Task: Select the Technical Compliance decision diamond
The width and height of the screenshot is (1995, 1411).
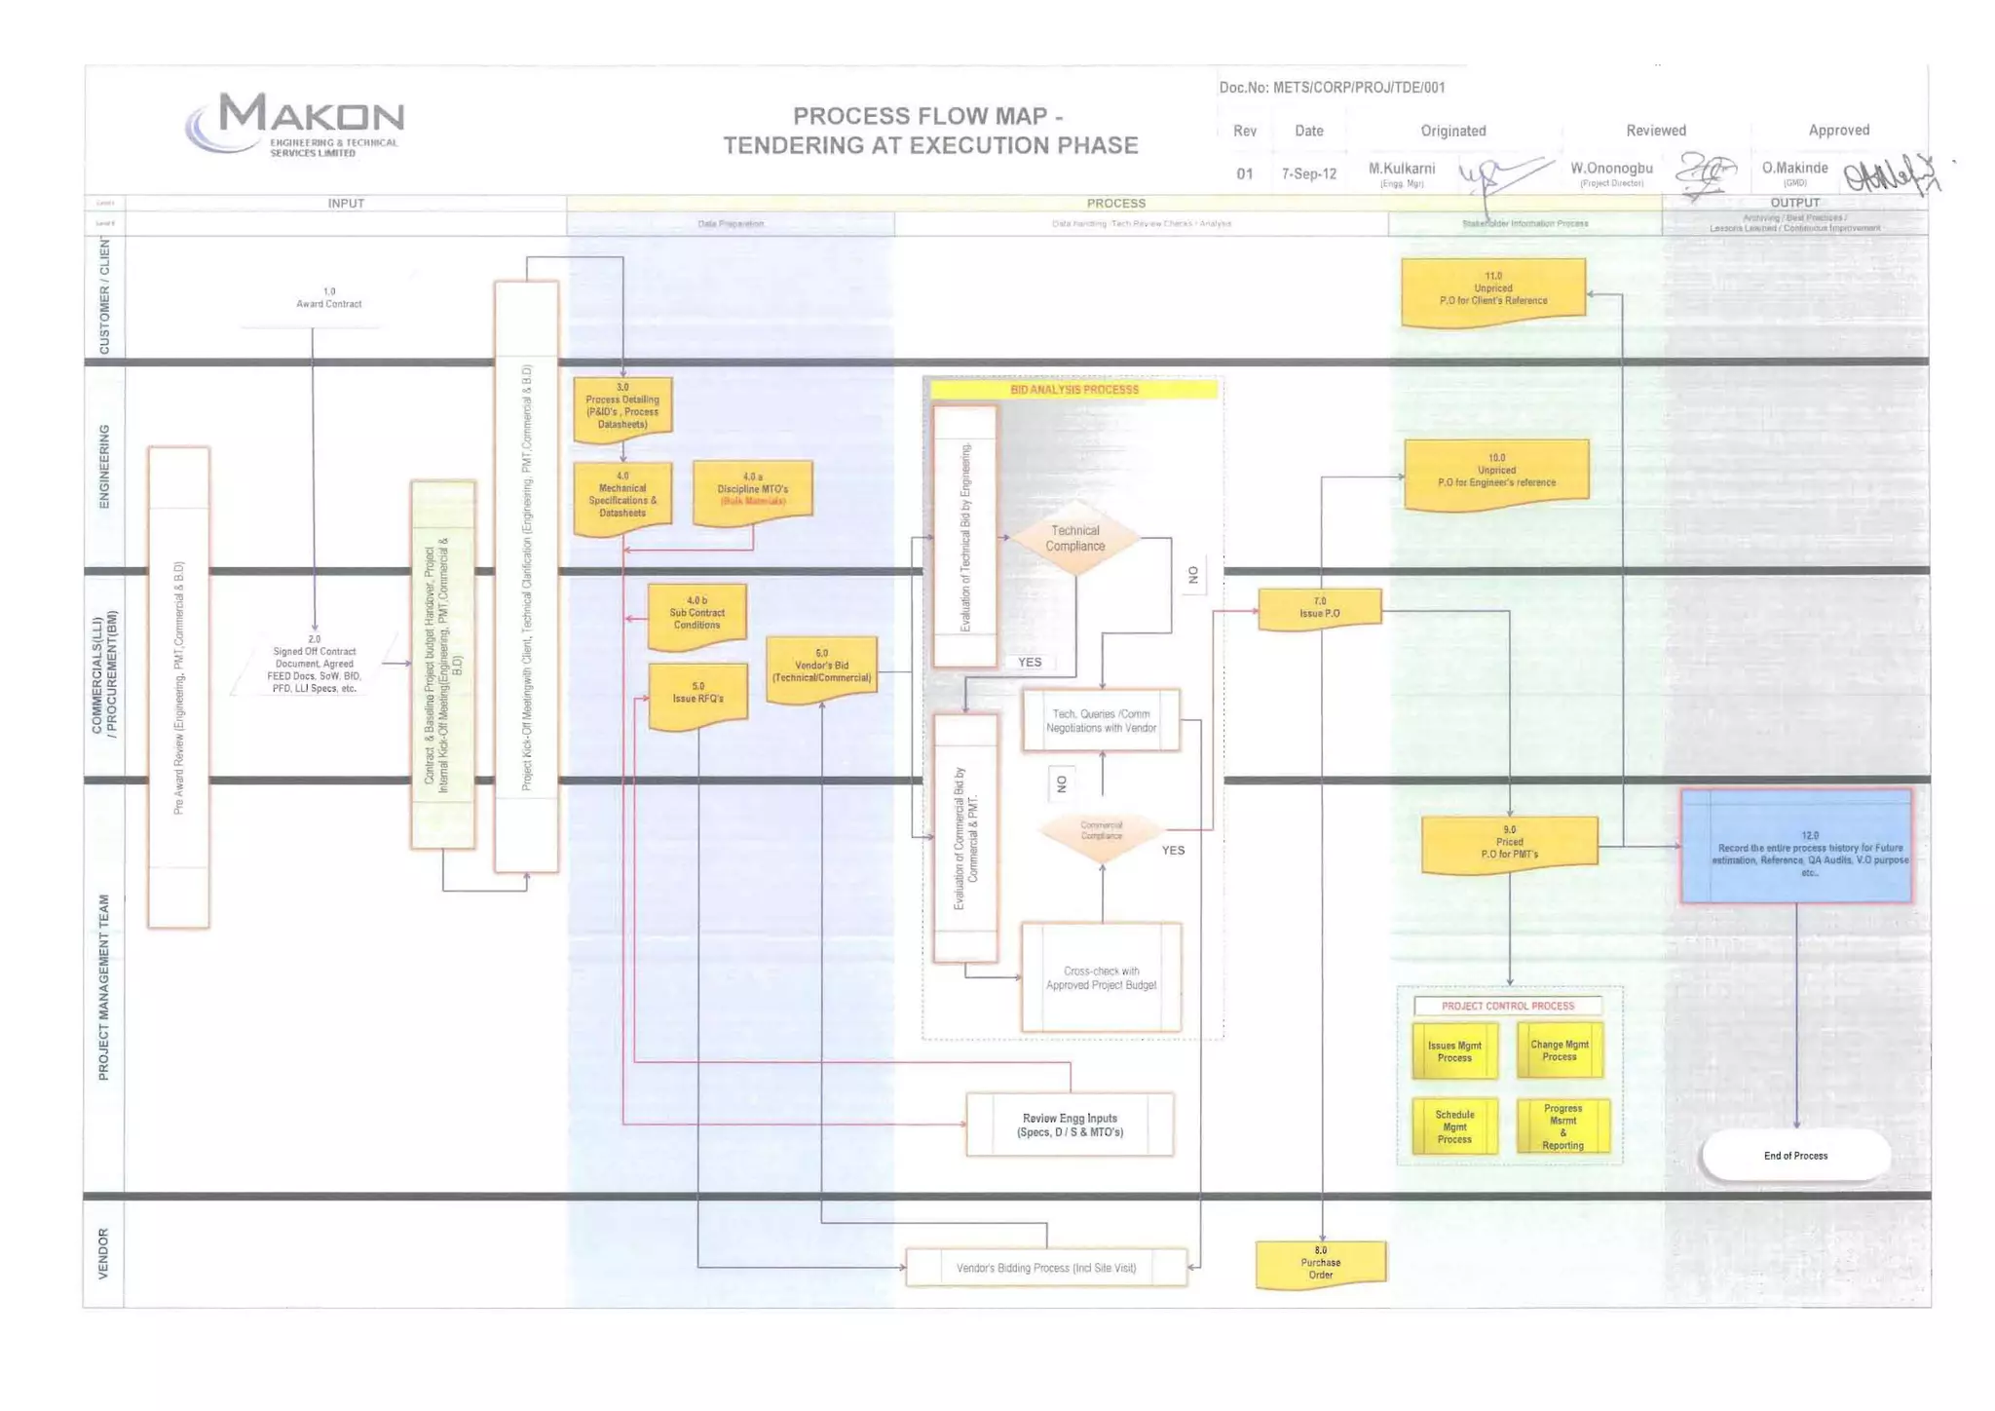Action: [x=1074, y=539]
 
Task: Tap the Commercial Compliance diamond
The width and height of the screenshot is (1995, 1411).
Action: [x=1102, y=831]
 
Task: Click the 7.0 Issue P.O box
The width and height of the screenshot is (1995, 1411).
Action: [x=1319, y=608]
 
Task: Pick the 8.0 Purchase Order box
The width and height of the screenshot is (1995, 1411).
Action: [x=1320, y=1263]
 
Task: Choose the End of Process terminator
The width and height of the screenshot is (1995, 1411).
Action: [x=1795, y=1156]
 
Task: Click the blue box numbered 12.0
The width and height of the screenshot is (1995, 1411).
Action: [x=1795, y=846]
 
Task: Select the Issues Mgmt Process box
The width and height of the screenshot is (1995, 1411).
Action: [x=1454, y=1051]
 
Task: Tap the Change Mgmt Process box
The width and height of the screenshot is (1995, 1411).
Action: [x=1560, y=1050]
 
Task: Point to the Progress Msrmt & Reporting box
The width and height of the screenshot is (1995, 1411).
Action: [x=1562, y=1126]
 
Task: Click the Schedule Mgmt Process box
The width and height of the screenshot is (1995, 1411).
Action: [x=1454, y=1126]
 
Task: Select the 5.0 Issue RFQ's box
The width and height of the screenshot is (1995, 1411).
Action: [x=697, y=695]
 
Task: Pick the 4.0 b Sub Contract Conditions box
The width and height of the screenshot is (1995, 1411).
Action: [x=696, y=614]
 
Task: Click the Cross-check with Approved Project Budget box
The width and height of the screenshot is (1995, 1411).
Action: [x=1101, y=977]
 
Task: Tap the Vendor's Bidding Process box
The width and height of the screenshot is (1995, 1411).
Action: [x=1046, y=1268]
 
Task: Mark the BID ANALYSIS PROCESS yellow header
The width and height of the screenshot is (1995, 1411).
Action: [x=1073, y=390]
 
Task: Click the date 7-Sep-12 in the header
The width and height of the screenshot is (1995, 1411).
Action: [x=1308, y=174]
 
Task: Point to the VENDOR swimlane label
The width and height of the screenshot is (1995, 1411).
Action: [x=104, y=1253]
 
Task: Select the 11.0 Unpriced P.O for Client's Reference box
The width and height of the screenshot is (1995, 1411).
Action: [x=1492, y=290]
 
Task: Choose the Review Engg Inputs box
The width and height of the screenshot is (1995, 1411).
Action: [x=1070, y=1125]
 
